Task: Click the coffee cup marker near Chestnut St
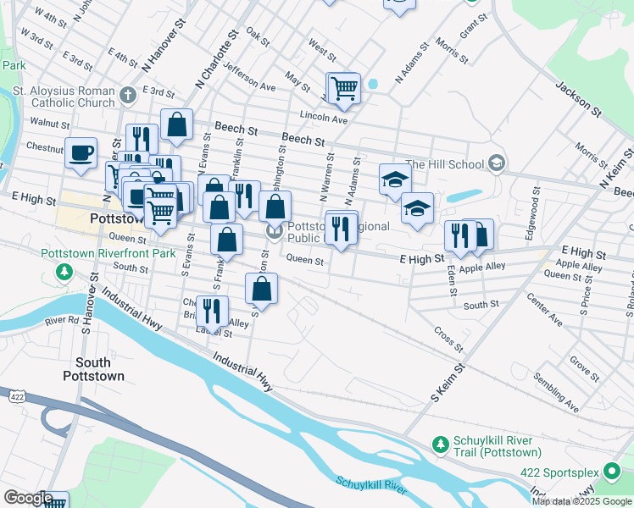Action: click(x=81, y=153)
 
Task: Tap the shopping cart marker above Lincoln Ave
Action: click(x=343, y=87)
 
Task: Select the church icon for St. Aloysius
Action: click(x=128, y=93)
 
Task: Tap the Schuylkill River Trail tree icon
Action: click(x=440, y=444)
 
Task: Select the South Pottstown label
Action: click(x=93, y=369)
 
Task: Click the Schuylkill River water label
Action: click(x=372, y=484)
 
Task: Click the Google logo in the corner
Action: click(x=27, y=498)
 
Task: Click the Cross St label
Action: click(x=448, y=340)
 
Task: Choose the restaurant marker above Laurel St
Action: click(x=212, y=310)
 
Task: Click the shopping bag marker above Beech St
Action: click(x=176, y=124)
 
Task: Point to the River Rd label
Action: click(x=62, y=321)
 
